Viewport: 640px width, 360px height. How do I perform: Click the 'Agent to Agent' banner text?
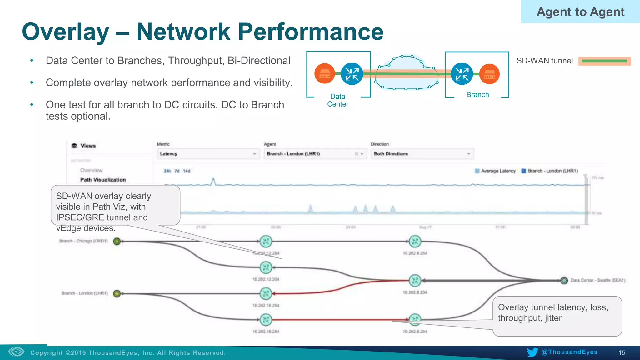coord(580,12)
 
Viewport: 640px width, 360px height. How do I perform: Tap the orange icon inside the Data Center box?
coord(324,74)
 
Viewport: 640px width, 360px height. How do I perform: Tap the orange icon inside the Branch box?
coord(489,74)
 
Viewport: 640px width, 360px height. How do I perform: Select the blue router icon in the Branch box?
coord(462,74)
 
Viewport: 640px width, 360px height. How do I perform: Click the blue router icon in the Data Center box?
coord(352,74)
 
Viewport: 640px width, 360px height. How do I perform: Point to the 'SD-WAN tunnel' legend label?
coord(544,61)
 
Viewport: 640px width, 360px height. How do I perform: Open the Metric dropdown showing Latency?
coord(208,154)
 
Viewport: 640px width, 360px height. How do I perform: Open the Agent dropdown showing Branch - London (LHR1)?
coord(315,154)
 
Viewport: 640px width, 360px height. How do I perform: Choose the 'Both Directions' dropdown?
coord(422,154)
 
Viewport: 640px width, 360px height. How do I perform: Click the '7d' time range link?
coord(177,171)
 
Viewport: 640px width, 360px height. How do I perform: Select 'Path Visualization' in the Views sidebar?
coord(103,180)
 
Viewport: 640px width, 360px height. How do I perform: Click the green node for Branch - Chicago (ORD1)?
coord(117,241)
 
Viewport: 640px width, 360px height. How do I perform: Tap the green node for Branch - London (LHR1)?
coord(117,293)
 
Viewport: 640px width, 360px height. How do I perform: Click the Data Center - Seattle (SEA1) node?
coord(564,280)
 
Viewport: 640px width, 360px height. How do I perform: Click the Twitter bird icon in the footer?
coord(532,352)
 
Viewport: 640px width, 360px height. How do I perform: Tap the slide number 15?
coord(622,353)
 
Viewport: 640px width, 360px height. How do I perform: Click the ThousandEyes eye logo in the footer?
coord(16,352)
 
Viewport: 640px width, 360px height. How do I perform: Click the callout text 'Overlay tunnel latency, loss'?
coord(553,307)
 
